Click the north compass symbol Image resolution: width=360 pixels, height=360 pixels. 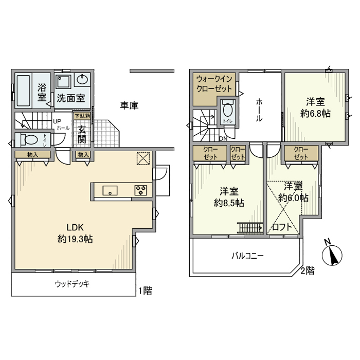[332, 254]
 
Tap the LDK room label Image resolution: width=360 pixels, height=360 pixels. [75, 227]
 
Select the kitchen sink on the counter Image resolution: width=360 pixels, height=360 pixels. [110, 191]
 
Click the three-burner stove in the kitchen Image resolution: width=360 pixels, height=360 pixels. [140, 190]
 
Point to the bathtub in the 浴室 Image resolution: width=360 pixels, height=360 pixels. [24, 91]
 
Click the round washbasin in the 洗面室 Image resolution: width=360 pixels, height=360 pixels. [82, 80]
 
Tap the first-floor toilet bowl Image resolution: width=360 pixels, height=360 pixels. [30, 139]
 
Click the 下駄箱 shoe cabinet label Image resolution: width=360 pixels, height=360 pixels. [82, 116]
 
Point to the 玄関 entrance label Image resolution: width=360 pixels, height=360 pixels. [82, 135]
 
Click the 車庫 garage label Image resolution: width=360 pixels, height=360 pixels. [129, 105]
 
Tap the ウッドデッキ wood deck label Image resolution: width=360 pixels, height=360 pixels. [72, 284]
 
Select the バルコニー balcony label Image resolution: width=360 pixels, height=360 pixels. [247, 256]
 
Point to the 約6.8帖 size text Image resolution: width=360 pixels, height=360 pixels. [315, 114]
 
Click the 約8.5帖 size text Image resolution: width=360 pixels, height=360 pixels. [229, 203]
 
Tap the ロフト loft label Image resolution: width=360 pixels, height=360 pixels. [282, 227]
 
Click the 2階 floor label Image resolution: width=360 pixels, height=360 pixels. [308, 271]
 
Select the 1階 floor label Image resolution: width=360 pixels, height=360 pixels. [145, 291]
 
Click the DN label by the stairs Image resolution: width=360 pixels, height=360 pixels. [223, 139]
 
